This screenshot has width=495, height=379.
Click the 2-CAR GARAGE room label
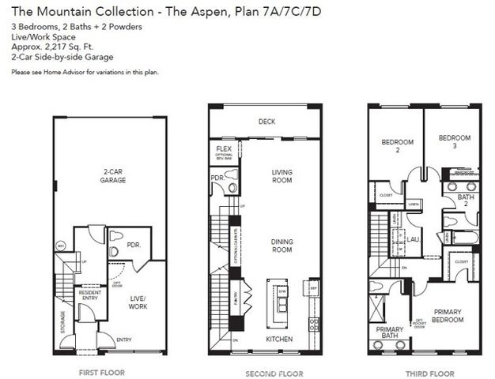(112, 175)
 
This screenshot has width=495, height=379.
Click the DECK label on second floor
(266, 122)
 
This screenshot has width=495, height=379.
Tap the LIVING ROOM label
(282, 175)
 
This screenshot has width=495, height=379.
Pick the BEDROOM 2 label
(397, 146)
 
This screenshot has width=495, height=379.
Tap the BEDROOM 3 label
(454, 141)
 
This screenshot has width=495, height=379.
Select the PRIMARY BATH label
(389, 333)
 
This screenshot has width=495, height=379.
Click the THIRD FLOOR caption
(425, 370)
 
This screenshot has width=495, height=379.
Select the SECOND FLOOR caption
(266, 370)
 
